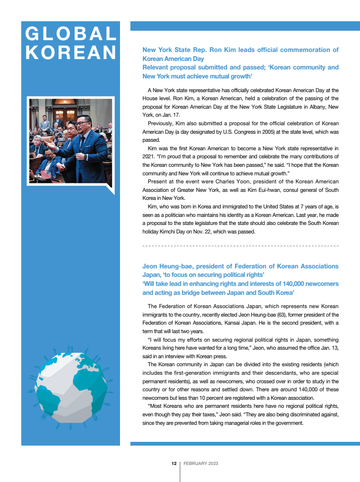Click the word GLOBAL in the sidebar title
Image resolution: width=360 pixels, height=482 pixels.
click(71, 34)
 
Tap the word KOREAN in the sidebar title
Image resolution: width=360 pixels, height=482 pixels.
click(71, 52)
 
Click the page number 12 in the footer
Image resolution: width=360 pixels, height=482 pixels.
click(174, 464)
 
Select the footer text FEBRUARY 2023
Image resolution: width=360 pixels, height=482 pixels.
click(201, 464)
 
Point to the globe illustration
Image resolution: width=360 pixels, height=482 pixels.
click(71, 385)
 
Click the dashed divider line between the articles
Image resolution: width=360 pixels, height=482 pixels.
click(240, 246)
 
